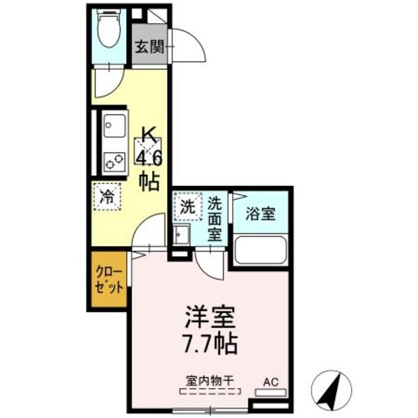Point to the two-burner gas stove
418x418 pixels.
click(112, 160)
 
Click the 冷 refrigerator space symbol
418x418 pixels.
click(107, 196)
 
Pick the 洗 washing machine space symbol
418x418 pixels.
click(187, 206)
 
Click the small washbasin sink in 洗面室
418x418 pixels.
click(181, 235)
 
